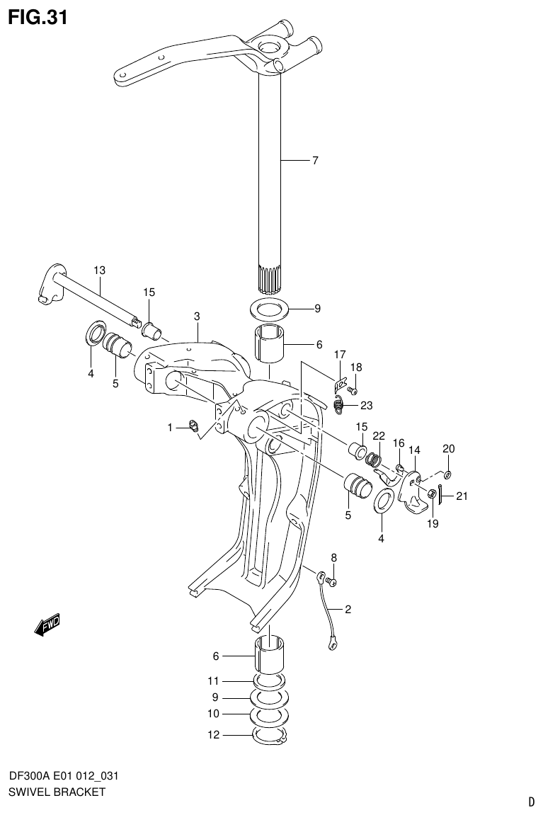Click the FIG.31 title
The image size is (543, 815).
(38, 16)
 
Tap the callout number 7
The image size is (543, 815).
(315, 161)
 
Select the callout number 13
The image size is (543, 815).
(99, 270)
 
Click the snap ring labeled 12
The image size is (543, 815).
(269, 736)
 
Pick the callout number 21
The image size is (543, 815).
(462, 496)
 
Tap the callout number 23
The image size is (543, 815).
(366, 406)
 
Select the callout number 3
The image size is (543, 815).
(197, 316)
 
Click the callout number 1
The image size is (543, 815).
(170, 427)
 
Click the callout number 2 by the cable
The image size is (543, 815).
(348, 609)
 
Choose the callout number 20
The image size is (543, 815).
(449, 449)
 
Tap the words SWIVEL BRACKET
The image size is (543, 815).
(57, 792)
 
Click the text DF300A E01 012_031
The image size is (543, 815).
(63, 776)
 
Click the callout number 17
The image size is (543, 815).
(340, 354)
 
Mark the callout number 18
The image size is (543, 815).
(356, 367)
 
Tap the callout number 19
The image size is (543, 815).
(433, 524)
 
